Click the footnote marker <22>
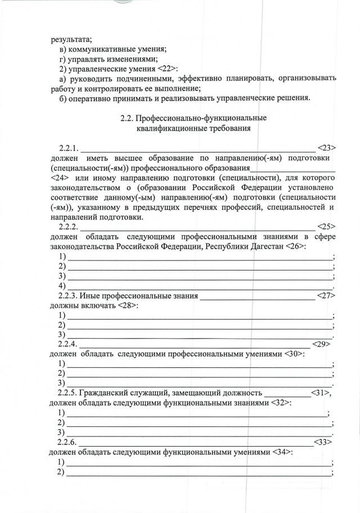coord(166,69)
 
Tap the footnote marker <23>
coord(326,148)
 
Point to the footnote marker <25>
coord(326,227)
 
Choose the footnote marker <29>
coord(320,344)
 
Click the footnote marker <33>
coord(322,442)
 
